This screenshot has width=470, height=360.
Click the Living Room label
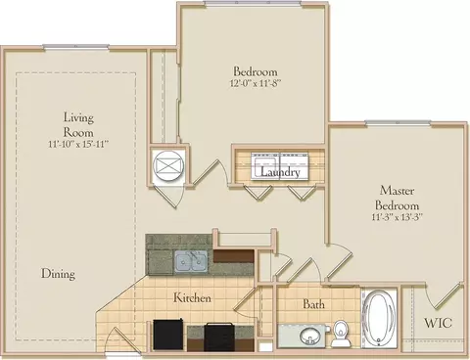point(78,125)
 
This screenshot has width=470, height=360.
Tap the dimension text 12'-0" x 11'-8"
point(256,83)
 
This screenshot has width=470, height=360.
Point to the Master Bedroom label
point(397,198)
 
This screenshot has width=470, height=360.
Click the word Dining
point(58,274)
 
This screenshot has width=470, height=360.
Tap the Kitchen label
point(192,297)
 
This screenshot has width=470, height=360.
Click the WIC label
point(438,323)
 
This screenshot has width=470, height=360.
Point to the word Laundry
point(280,172)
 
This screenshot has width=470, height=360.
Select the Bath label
point(313,304)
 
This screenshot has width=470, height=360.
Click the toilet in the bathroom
point(341,334)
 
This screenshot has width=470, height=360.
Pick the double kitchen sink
point(191,261)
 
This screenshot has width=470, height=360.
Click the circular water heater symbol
point(168,164)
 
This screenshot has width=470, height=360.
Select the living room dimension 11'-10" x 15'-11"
point(78,144)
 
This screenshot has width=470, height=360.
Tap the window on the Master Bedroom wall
point(398,123)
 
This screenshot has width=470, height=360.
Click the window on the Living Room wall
point(75,47)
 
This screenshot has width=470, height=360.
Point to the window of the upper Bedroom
point(253,3)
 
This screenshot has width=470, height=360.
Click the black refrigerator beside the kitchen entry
point(167,335)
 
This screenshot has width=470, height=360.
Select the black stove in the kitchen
point(219,337)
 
